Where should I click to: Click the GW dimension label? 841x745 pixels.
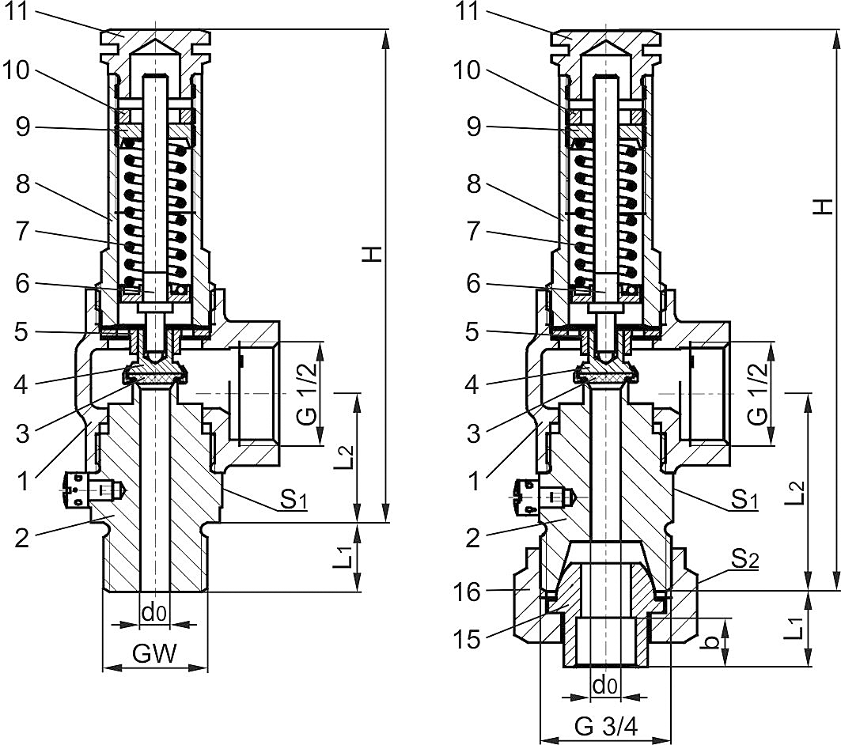[154, 653]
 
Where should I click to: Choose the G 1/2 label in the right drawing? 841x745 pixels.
[758, 394]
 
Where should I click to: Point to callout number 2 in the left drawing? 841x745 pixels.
[23, 539]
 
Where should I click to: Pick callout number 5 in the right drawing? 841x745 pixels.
[473, 332]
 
